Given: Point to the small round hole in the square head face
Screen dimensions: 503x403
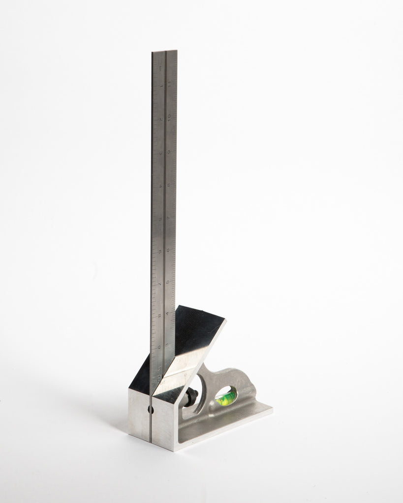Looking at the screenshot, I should [x=151, y=409].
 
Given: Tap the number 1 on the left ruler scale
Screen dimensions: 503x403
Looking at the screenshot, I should [x=161, y=86].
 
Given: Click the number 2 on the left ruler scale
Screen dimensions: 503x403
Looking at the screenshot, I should [x=161, y=120].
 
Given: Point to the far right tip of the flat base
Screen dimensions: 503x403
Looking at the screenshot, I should [x=272, y=406].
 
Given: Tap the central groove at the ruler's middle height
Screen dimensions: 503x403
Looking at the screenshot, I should [x=164, y=216].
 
